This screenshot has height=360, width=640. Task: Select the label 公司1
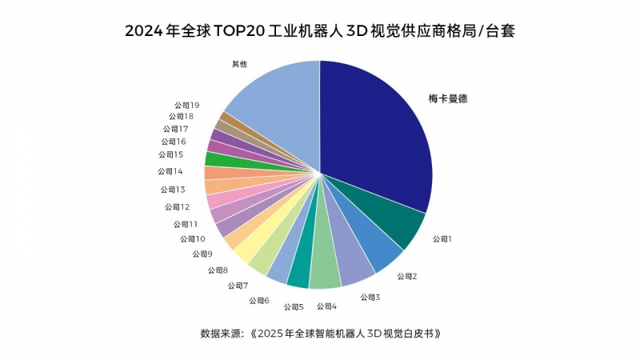[442, 238]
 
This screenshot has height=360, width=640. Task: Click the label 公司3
[370, 297]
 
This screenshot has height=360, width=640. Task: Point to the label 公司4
[326, 306]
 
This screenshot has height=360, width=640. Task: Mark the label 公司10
[192, 238]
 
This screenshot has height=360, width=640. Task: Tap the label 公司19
[186, 105]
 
